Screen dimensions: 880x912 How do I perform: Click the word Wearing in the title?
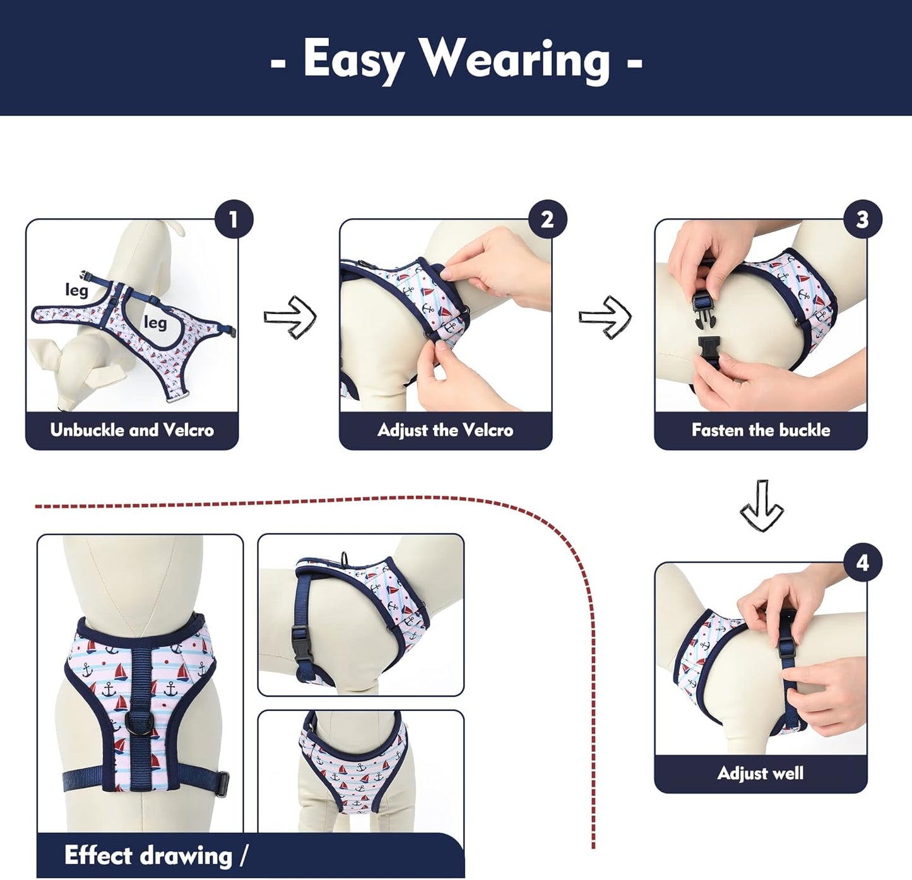(x=516, y=59)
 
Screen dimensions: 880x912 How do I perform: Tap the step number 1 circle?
(x=234, y=220)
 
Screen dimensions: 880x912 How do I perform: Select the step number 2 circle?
(x=547, y=220)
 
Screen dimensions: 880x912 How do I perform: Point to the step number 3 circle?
(x=862, y=220)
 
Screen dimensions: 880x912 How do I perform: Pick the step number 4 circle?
(x=862, y=563)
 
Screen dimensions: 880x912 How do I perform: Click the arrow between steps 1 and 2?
(x=290, y=317)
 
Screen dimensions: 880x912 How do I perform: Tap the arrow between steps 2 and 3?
(x=605, y=317)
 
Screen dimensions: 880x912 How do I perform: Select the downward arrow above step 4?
(x=761, y=506)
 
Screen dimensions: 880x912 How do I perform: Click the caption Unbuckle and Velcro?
(x=132, y=430)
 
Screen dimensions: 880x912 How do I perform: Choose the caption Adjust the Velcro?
(x=445, y=430)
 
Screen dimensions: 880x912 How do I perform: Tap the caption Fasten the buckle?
(x=761, y=430)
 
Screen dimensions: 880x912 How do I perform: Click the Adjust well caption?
(x=761, y=773)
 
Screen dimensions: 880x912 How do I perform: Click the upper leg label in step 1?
(x=76, y=290)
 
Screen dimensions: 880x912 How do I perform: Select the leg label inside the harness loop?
(x=155, y=322)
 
